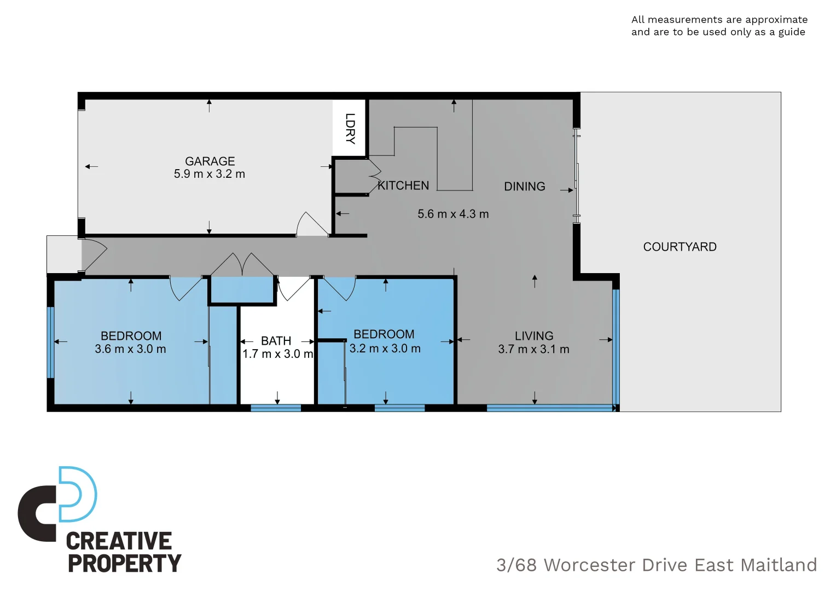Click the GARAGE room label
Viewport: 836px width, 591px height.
pyautogui.click(x=210, y=161)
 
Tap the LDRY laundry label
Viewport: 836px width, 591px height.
pyautogui.click(x=350, y=129)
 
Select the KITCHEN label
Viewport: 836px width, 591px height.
pyautogui.click(x=404, y=186)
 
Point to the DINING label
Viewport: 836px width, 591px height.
pyautogui.click(x=524, y=187)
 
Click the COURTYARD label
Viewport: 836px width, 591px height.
pyautogui.click(x=680, y=247)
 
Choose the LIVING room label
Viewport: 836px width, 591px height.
pyautogui.click(x=533, y=336)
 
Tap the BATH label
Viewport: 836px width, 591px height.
pyautogui.click(x=276, y=341)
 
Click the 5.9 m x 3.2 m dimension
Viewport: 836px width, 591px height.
pyautogui.click(x=209, y=174)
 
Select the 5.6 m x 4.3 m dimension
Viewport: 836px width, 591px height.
pyautogui.click(x=453, y=214)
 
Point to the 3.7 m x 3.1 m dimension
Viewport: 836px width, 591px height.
pyautogui.click(x=533, y=349)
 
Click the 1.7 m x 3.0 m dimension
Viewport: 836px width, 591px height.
pyautogui.click(x=277, y=354)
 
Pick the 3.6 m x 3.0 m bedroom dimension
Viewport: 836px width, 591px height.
pyautogui.click(x=130, y=349)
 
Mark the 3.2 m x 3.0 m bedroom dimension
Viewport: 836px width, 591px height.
pyautogui.click(x=385, y=349)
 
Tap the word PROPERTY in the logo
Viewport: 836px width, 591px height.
pyautogui.click(x=124, y=564)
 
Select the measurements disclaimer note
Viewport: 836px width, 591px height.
pyautogui.click(x=719, y=26)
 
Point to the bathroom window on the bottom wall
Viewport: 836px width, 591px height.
pyautogui.click(x=276, y=408)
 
